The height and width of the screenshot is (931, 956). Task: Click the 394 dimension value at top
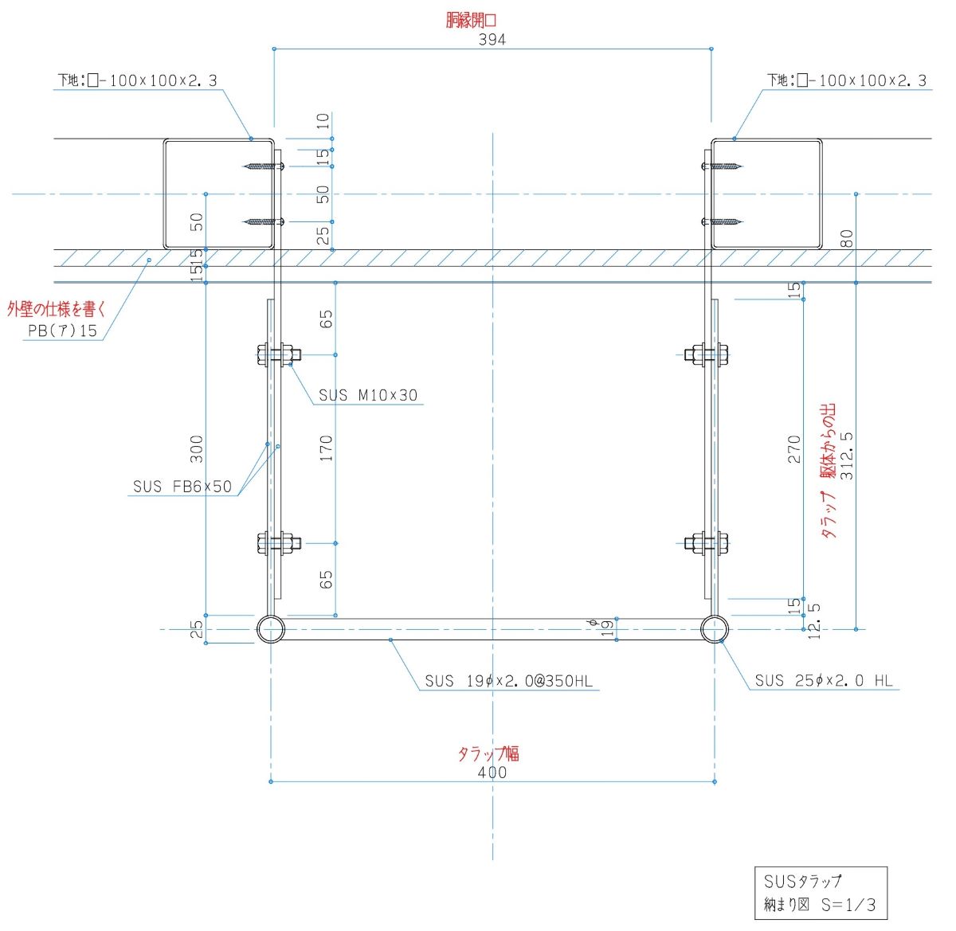click(x=492, y=39)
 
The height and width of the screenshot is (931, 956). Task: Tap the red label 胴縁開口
click(x=471, y=20)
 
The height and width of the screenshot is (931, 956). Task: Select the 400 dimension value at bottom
click(x=492, y=772)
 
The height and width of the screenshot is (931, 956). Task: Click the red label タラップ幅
click(x=488, y=753)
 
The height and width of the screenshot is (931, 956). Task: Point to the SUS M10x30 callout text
click(x=368, y=395)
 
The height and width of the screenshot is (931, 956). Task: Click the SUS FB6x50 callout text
click(x=182, y=487)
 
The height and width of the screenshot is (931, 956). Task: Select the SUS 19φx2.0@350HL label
click(x=508, y=681)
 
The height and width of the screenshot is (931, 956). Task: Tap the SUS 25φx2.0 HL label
click(x=824, y=681)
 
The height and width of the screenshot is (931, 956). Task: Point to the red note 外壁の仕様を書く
click(x=56, y=310)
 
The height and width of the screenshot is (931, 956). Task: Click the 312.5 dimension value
click(x=847, y=455)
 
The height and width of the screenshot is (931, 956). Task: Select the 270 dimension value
click(x=793, y=450)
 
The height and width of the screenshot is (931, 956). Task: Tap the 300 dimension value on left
click(x=196, y=449)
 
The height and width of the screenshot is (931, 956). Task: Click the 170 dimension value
click(x=326, y=449)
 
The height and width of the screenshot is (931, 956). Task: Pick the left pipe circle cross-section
click(x=271, y=629)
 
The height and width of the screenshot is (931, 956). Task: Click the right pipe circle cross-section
click(x=715, y=629)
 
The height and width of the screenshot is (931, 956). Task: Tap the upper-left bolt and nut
click(x=278, y=354)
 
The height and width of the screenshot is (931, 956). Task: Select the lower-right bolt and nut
click(x=707, y=543)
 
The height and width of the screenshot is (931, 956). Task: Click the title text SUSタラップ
click(x=802, y=882)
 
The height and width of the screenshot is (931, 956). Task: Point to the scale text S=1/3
click(x=848, y=906)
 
